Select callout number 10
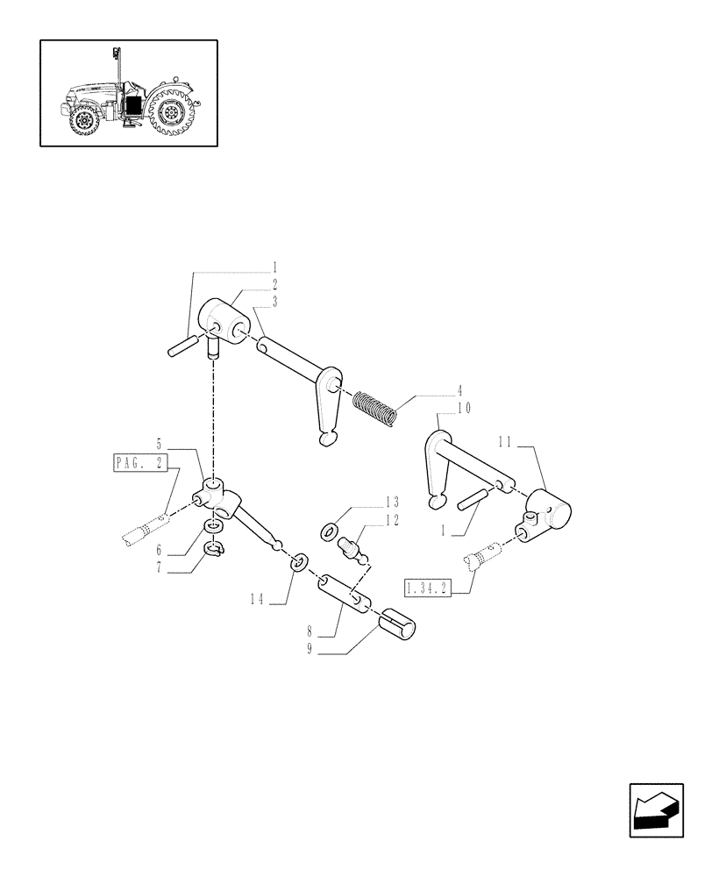pos(464,408)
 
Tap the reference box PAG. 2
pos(139,463)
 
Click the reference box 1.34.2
pos(427,588)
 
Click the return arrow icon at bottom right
pos(655,812)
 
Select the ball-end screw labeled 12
pos(352,550)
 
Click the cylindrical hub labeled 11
pos(548,512)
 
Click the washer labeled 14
pos(298,560)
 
